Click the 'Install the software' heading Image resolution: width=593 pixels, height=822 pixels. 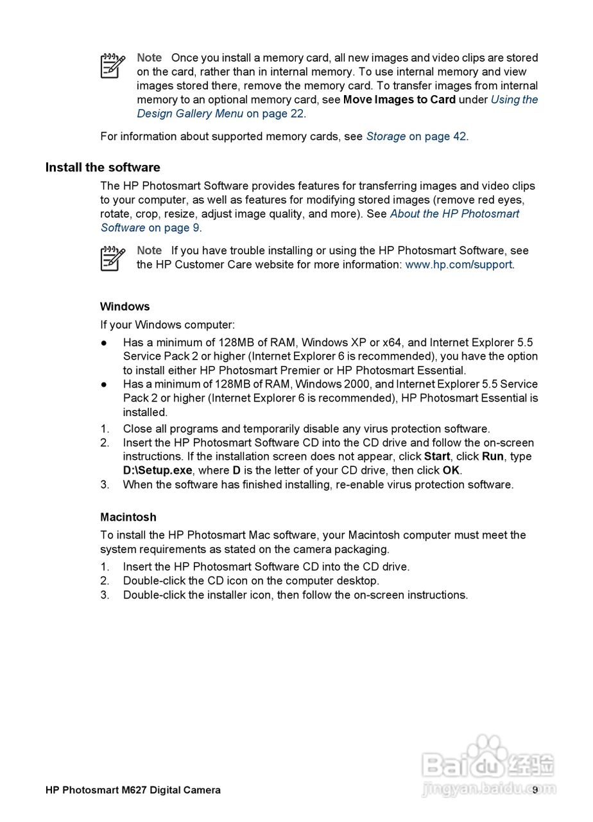pos(103,168)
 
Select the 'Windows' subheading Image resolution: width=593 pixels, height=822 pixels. pos(125,306)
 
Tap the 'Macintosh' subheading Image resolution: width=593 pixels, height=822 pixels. pos(128,517)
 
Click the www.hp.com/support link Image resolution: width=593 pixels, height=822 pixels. pos(459,265)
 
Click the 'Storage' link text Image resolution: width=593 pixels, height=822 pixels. pos(386,136)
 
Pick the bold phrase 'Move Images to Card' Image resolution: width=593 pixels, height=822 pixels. pos(399,100)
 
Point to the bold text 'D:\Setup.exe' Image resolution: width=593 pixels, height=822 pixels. pos(158,470)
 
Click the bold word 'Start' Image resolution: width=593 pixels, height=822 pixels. pos(437,457)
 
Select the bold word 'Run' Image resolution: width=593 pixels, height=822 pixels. pos(493,457)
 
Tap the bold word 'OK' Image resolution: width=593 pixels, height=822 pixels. pos(451,470)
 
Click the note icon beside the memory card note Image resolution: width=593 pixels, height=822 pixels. pos(112,66)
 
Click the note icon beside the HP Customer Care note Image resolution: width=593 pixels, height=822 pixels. pos(112,258)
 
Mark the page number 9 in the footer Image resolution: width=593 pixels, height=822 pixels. pos(535,790)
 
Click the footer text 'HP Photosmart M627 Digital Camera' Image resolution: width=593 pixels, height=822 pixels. pos(133,790)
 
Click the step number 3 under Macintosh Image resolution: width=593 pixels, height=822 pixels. pos(105,595)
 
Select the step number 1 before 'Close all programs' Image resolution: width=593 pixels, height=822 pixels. pos(105,429)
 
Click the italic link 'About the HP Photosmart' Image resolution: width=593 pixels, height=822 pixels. pos(454,214)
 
